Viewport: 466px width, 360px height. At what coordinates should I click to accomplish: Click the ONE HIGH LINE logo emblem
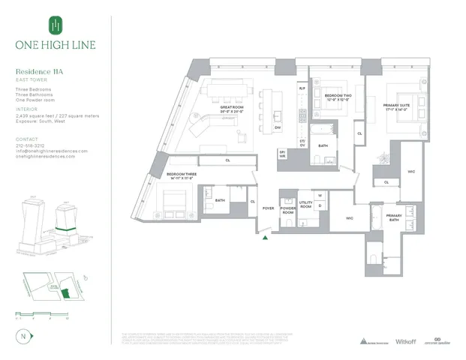coord(53,26)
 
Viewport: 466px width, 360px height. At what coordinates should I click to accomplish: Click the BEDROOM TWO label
coord(335,97)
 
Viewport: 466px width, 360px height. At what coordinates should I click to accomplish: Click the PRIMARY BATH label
coord(394,217)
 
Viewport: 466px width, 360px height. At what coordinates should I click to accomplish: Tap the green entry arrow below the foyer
coord(265,239)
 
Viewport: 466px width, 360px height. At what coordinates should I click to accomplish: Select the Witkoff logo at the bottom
coord(405,341)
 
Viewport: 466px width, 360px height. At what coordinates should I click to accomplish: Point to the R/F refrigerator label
coord(302,88)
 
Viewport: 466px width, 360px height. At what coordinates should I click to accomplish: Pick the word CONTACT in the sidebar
coord(26,139)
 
